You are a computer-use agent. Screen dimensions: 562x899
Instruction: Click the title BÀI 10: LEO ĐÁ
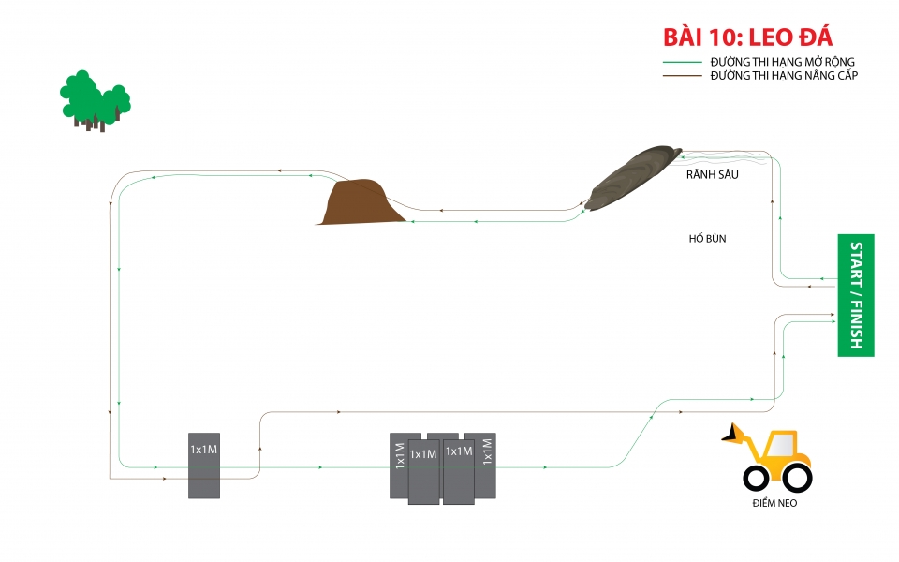(746, 37)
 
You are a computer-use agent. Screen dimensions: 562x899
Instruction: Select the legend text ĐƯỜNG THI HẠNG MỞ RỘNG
(782, 62)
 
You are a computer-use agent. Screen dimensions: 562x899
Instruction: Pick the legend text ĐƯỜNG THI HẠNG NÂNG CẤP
(784, 75)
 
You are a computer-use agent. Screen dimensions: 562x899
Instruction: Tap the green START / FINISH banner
(856, 295)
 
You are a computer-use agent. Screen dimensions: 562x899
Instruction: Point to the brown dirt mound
(361, 202)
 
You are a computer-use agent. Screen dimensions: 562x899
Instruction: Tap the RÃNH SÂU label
(706, 174)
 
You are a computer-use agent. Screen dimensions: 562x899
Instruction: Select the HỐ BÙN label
(707, 239)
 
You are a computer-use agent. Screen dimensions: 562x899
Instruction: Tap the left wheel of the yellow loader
(757, 478)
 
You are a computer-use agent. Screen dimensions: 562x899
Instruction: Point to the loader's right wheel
(796, 478)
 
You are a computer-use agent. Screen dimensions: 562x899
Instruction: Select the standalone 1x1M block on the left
(204, 466)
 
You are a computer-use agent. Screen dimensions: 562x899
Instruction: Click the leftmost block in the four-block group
(400, 466)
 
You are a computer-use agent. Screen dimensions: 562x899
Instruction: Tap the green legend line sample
(682, 62)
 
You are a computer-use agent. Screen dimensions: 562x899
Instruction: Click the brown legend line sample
(682, 75)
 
